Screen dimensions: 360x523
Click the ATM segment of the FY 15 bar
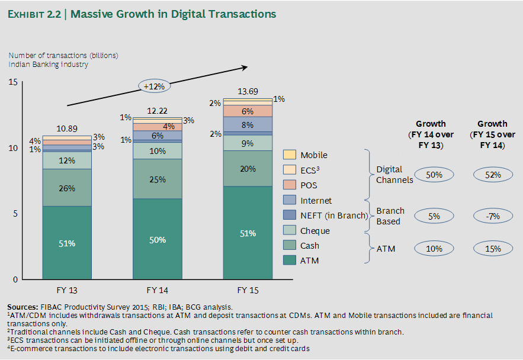tap(248, 233)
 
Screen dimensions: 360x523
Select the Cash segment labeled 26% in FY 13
tap(67, 188)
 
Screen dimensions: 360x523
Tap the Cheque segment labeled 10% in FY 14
tap(157, 151)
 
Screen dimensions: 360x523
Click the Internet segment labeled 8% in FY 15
tap(248, 124)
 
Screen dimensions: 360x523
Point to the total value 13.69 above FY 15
tap(248, 91)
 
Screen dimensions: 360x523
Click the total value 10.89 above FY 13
tap(67, 128)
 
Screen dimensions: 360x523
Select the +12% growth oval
tap(154, 86)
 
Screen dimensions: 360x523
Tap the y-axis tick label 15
tap(12, 82)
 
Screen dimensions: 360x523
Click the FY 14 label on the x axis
tap(157, 290)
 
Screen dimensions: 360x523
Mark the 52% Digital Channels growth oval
tap(493, 175)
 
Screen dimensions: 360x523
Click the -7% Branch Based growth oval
tap(493, 216)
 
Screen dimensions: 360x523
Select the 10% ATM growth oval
tap(434, 249)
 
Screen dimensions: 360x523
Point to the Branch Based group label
tap(390, 216)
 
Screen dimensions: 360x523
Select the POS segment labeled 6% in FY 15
tap(248, 111)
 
